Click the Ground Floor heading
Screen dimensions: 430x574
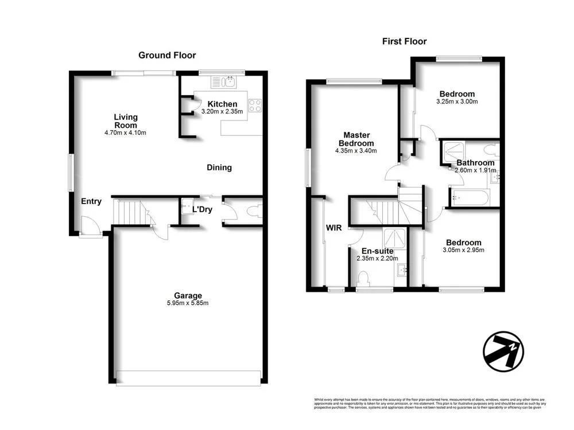click(167, 56)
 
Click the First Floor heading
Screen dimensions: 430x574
click(405, 41)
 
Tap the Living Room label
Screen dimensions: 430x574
click(125, 121)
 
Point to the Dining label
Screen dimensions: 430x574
click(219, 167)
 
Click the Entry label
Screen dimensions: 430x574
click(91, 201)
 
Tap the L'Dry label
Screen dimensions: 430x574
click(202, 209)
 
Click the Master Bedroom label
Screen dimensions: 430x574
click(356, 139)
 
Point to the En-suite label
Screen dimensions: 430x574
click(377, 251)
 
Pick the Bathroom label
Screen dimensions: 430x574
click(475, 163)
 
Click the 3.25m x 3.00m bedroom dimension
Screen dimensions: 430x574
click(457, 101)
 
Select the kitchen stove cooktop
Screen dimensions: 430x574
click(255, 106)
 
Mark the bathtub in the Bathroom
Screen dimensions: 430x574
click(469, 198)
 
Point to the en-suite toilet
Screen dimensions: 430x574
click(363, 279)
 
